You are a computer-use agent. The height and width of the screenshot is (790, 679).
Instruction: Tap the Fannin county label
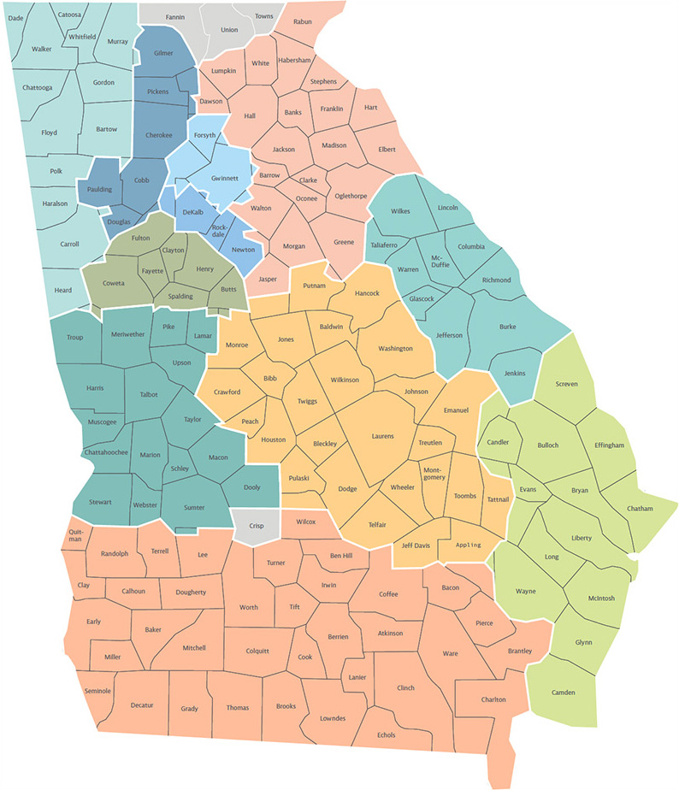(x=174, y=16)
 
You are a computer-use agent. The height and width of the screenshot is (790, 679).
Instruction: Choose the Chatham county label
(x=639, y=509)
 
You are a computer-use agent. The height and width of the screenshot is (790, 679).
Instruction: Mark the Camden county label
(x=563, y=692)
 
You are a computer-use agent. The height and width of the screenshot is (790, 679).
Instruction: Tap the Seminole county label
(x=99, y=690)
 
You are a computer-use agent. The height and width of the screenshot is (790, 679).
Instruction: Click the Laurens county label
(x=382, y=436)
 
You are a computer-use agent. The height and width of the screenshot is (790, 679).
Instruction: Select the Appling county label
(x=469, y=545)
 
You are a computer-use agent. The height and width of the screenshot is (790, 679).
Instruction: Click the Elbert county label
(x=387, y=149)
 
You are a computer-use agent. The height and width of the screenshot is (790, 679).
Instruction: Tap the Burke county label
(x=508, y=326)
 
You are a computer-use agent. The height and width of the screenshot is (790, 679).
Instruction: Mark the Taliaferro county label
(x=384, y=245)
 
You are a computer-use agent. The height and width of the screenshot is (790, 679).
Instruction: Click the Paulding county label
(x=99, y=190)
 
